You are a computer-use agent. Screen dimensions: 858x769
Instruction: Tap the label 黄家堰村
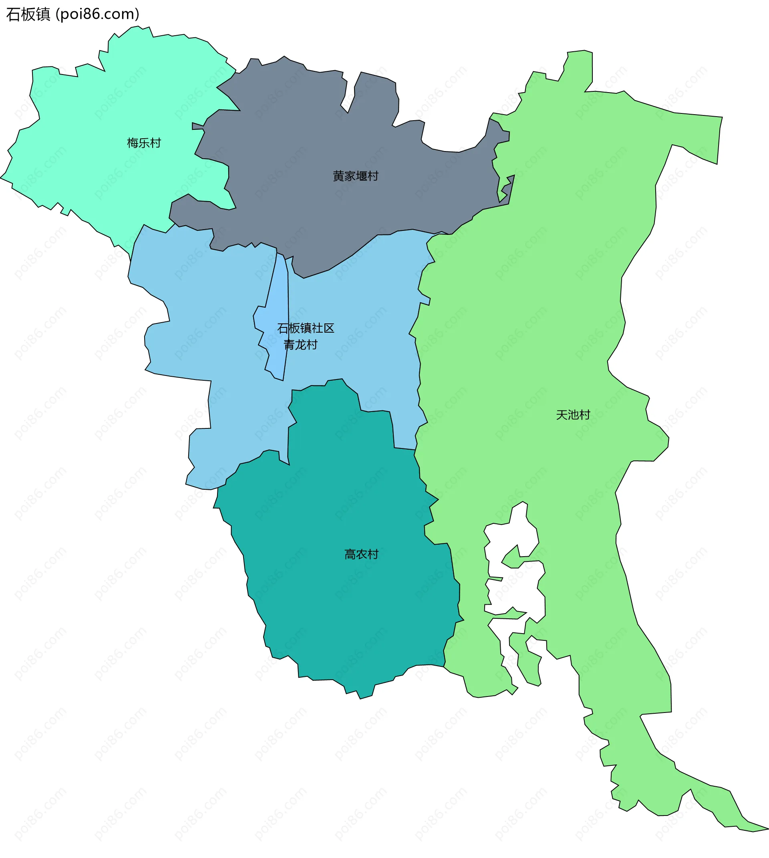coord(355,176)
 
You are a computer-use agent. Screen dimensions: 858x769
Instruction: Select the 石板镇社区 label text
coord(306,328)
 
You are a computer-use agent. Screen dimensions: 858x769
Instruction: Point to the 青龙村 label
coord(300,345)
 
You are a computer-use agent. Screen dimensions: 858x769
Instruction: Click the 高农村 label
coord(361,554)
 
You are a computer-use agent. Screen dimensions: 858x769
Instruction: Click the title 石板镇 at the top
coord(28,14)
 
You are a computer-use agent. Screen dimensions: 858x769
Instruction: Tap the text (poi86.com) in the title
coord(98,14)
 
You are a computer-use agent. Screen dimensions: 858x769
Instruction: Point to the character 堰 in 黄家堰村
coord(361,176)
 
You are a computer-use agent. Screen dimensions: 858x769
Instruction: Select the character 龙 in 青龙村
coord(300,345)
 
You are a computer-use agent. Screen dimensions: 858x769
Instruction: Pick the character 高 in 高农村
coord(350,554)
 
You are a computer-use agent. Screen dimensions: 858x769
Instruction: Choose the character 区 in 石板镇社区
coord(329,328)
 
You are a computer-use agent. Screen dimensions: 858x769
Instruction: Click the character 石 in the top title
coord(13,14)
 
